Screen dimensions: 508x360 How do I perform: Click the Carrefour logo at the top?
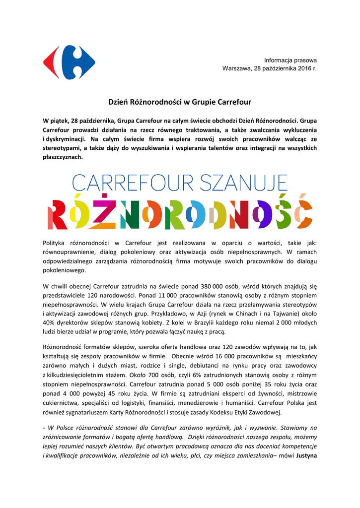pyautogui.click(x=69, y=63)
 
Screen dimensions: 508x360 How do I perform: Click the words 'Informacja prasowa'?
pyautogui.click(x=290, y=60)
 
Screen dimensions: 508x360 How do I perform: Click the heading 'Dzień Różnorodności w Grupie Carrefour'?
pyautogui.click(x=180, y=102)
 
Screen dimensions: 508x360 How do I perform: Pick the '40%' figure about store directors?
pyautogui.click(x=50, y=322)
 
